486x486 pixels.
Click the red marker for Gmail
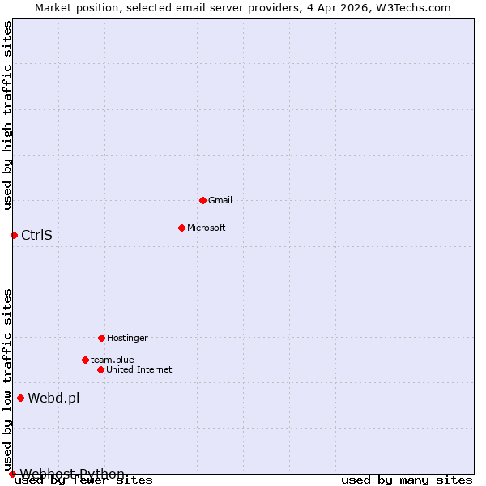pos(202,200)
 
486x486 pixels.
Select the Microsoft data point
pos(181,228)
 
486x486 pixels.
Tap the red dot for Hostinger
pos(101,338)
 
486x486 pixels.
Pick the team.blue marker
pos(85,360)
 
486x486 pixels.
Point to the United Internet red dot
pos(100,369)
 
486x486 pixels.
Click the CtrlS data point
pos(14,235)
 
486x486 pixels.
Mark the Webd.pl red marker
pos(20,398)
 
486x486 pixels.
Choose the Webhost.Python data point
pos(12,474)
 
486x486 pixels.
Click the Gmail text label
pos(220,200)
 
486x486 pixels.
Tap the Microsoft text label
pos(206,228)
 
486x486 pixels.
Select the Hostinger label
pos(127,338)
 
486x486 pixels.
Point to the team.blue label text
pos(113,360)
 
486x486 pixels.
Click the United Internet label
pos(139,369)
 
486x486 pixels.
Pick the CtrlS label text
pos(36,236)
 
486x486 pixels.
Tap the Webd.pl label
pos(53,398)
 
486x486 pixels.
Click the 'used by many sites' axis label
pos(407,480)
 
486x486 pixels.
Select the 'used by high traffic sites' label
pos(7,115)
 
